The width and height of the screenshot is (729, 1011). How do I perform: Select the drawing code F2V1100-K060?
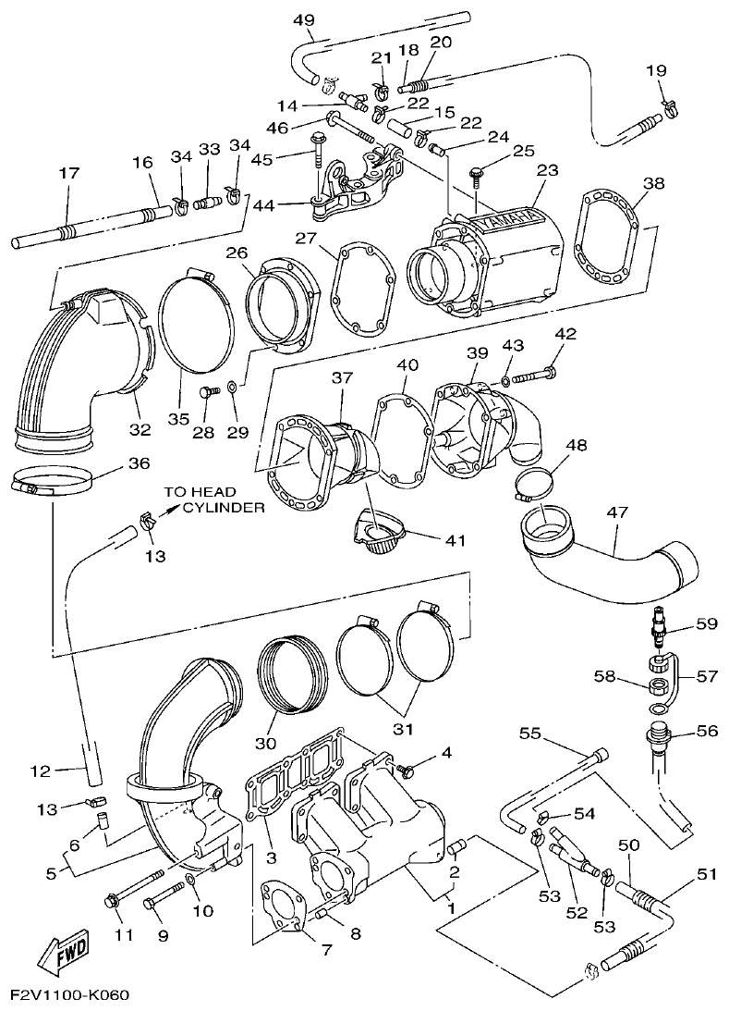(x=70, y=995)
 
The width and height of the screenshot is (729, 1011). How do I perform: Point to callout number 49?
(x=303, y=19)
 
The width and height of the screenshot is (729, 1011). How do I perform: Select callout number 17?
(x=69, y=172)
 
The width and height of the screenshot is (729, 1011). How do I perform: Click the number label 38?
(x=653, y=183)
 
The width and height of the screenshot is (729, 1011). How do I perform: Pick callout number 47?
(x=616, y=512)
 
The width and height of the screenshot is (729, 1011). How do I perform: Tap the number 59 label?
(x=707, y=623)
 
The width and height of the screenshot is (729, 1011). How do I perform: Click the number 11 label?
(x=124, y=935)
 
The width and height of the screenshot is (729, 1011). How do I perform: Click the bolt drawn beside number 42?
(x=531, y=376)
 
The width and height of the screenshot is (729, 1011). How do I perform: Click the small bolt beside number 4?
(x=402, y=768)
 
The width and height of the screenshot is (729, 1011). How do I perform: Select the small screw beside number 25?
(x=478, y=172)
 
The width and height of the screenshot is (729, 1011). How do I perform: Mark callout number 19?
(x=655, y=70)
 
